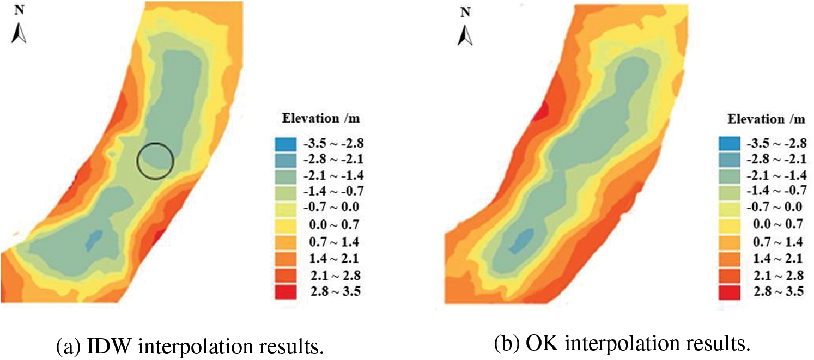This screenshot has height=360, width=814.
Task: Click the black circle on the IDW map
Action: [155, 161]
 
